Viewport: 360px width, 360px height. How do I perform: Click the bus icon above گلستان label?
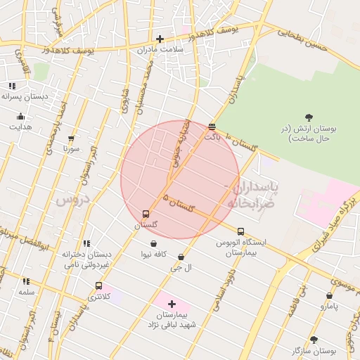tap(146, 214)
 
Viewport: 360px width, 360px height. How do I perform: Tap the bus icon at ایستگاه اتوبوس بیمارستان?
tap(241, 231)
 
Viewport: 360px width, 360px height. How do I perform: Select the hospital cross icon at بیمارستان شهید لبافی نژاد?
tap(172, 304)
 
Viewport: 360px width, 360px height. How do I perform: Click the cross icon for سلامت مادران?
tap(160, 39)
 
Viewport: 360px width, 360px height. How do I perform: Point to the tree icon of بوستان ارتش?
tap(309, 117)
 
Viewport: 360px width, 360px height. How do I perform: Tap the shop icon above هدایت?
tap(20, 117)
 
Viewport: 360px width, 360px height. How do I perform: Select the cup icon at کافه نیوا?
tap(153, 244)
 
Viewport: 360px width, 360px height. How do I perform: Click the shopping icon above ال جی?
tap(182, 257)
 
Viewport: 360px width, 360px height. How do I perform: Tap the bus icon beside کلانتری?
tap(98, 286)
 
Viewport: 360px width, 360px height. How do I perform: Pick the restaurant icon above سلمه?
tap(26, 281)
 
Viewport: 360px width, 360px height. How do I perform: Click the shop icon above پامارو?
tap(329, 296)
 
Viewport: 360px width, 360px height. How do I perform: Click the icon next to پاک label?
tap(212, 127)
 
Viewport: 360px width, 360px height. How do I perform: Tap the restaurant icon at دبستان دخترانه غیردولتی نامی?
tap(86, 243)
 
